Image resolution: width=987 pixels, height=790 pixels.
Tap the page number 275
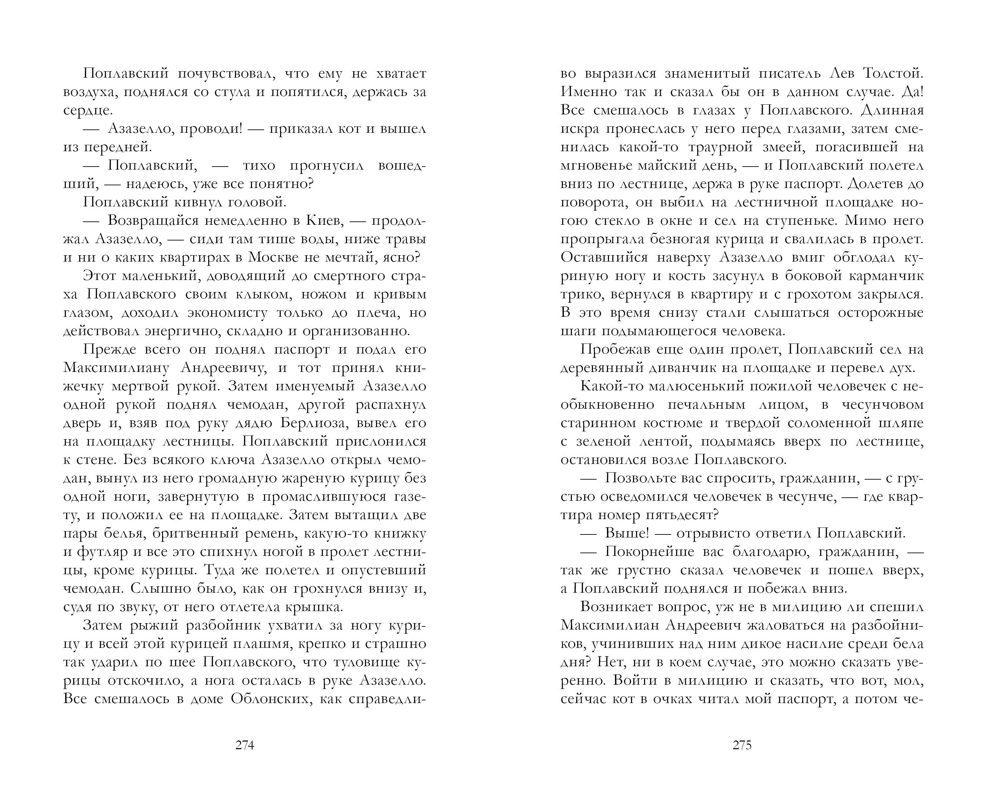[742, 746]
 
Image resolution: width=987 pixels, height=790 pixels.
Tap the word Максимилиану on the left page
[116, 368]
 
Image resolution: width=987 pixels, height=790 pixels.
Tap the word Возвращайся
[153, 221]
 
